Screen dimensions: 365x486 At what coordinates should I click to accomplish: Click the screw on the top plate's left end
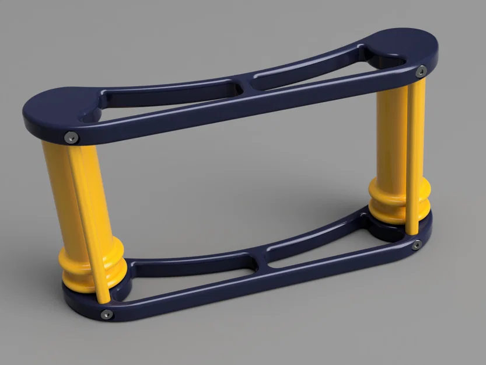[x=71, y=137]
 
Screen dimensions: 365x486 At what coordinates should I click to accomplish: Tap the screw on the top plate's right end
[x=421, y=72]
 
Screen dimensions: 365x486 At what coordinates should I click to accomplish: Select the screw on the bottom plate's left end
[x=107, y=314]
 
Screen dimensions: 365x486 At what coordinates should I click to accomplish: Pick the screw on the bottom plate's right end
[x=417, y=245]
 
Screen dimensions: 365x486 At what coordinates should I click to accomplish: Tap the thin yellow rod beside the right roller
[x=415, y=152]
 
